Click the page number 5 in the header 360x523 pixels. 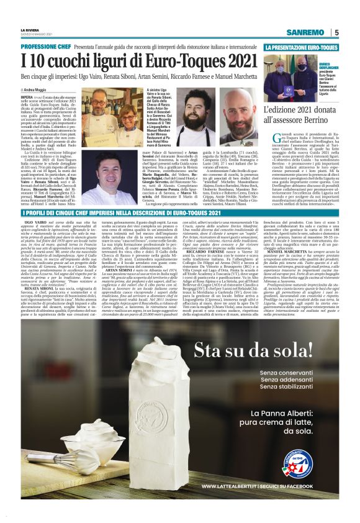pyautogui.click(x=336, y=32)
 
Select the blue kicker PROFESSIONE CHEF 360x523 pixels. pyautogui.click(x=45, y=47)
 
